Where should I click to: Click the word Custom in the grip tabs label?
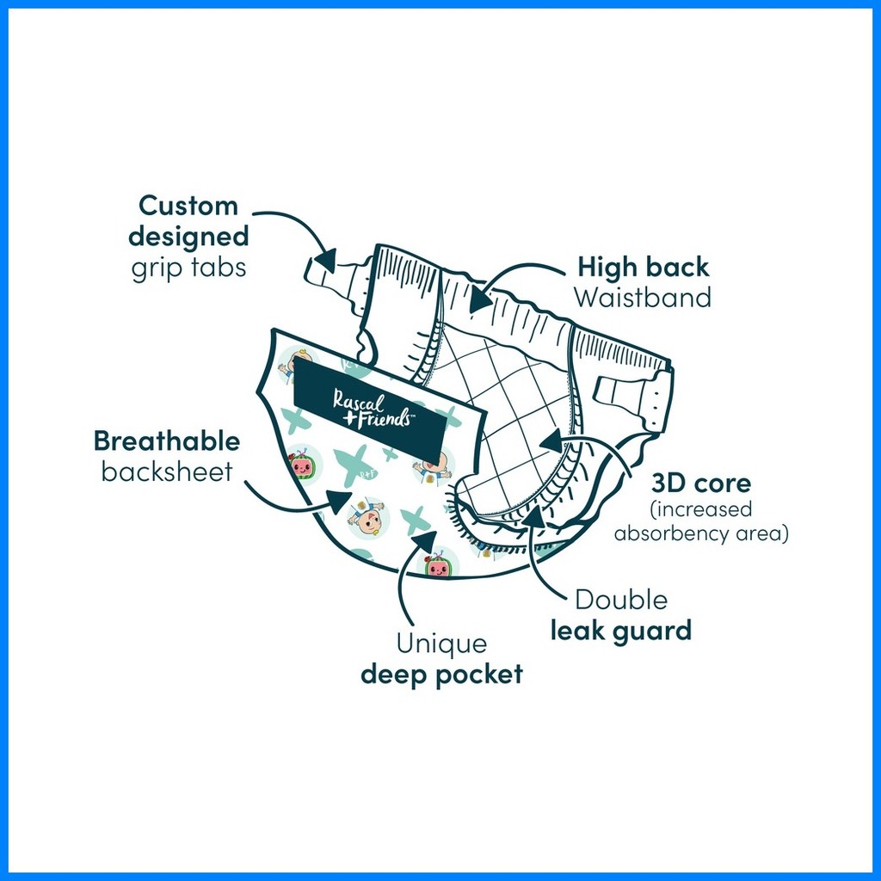click(188, 206)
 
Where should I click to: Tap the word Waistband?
click(643, 298)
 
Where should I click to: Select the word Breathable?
click(167, 441)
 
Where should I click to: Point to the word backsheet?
click(167, 471)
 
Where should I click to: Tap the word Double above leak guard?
click(621, 600)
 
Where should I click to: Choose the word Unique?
click(441, 644)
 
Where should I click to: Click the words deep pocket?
click(441, 675)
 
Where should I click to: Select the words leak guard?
click(621, 631)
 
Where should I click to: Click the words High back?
click(644, 267)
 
